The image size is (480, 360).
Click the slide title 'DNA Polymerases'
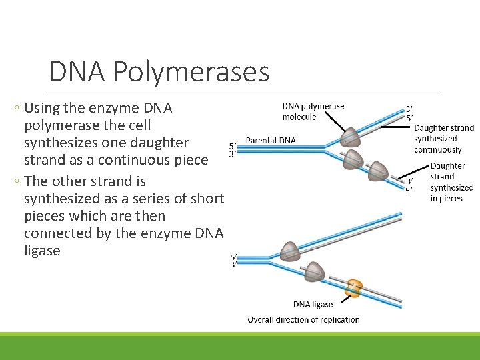pos(159,72)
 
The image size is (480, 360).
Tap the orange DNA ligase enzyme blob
pos(353,288)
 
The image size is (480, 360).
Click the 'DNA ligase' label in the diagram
pos(313,305)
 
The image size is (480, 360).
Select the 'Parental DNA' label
pos(271,140)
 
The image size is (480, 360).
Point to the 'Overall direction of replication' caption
pos(303,319)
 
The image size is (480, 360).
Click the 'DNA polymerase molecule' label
pos(313,111)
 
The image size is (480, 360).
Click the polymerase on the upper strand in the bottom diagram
pos(290,250)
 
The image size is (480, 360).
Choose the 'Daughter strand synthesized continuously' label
pos(443,139)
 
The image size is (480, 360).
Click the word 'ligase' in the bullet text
pos(42,251)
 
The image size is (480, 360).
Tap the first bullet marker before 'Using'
pos(17,108)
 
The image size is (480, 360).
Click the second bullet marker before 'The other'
pos(17,181)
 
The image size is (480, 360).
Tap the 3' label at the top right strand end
pos(409,109)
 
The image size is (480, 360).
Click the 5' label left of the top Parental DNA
pos(232,145)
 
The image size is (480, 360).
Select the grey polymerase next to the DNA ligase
pos(314,271)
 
